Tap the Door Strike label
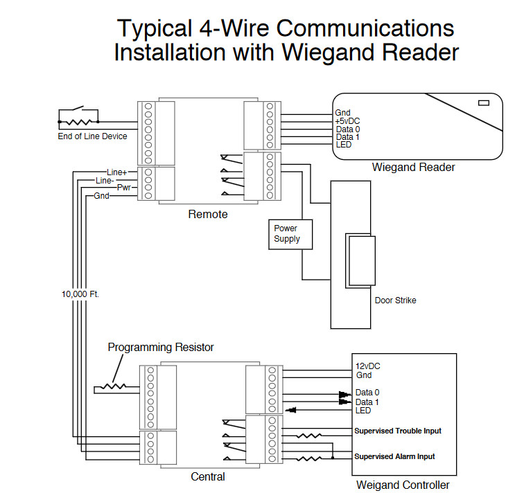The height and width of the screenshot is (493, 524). point(395,301)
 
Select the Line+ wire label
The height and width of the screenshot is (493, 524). point(116,172)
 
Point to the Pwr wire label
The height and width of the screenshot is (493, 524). point(123,188)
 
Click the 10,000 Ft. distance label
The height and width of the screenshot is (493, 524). point(80,294)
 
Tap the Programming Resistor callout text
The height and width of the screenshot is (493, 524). point(161,348)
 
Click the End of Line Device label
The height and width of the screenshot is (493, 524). point(92,136)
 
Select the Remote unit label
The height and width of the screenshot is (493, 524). point(208,214)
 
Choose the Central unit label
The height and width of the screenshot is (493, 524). point(208,476)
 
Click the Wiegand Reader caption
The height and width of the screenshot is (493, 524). point(413,168)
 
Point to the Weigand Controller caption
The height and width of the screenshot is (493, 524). point(403,485)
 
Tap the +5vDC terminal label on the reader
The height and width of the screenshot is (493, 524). point(347,121)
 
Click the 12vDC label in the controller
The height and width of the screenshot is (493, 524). point(367,366)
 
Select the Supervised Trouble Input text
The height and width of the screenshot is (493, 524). point(398,431)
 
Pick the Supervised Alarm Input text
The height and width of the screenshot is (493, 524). point(394,456)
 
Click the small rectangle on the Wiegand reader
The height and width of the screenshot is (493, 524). point(484,102)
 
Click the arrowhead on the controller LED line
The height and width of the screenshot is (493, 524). point(291,410)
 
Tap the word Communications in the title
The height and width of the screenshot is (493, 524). point(365,28)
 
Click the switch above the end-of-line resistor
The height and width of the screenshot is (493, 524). point(78,109)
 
